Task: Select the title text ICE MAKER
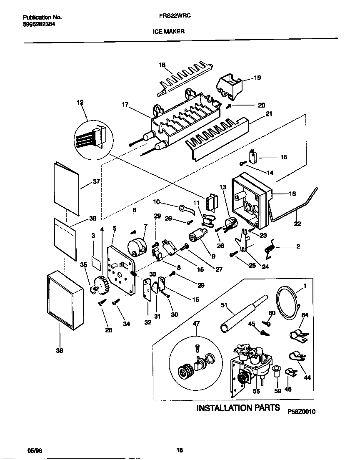[x=171, y=31]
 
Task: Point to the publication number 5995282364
[x=39, y=24]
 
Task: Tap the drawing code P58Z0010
[x=301, y=411]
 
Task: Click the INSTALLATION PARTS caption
[x=238, y=407]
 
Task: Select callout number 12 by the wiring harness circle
[x=80, y=102]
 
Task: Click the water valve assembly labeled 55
[x=250, y=367]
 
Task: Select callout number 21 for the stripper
[x=269, y=114]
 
